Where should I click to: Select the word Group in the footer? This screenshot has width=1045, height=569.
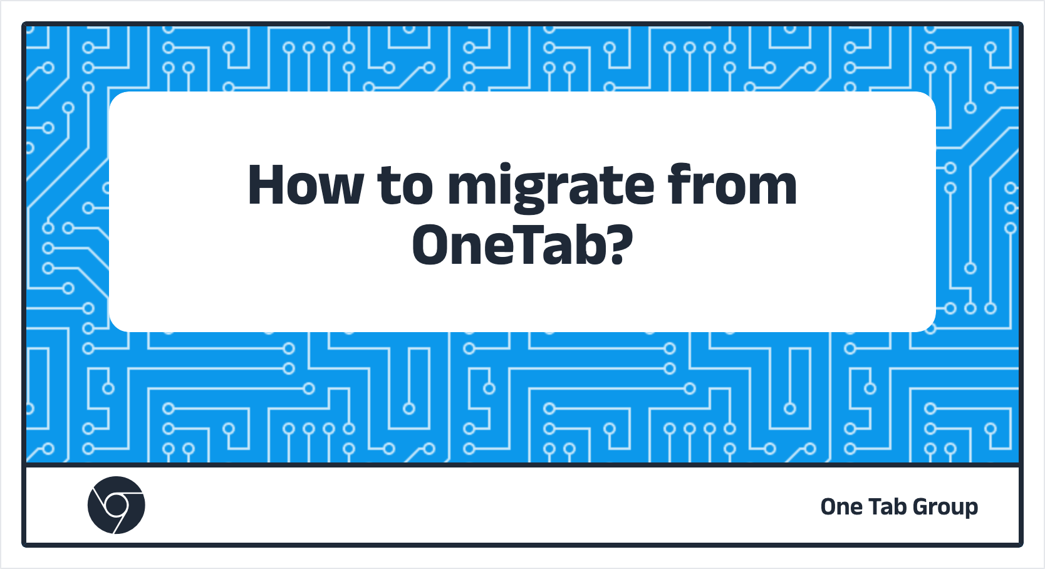(x=945, y=508)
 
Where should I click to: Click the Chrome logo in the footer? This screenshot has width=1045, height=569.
(x=116, y=505)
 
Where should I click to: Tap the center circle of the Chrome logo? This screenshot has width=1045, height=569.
(x=116, y=504)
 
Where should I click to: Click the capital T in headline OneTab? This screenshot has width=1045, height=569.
(x=525, y=244)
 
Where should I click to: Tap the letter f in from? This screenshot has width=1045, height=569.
(x=680, y=184)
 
